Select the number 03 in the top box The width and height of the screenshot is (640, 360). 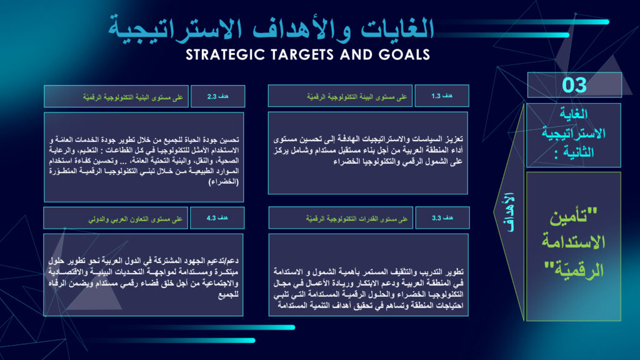coord(574,85)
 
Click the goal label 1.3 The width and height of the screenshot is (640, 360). coord(442,96)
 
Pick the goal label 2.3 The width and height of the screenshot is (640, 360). coord(217,96)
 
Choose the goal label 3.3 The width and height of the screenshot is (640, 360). coord(442,218)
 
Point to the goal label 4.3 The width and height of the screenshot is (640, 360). coord(217,218)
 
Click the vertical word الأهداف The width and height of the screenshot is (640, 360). coord(510,212)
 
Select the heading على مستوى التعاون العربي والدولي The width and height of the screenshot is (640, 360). coord(136,219)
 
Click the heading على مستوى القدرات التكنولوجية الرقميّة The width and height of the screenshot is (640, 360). coord(357,219)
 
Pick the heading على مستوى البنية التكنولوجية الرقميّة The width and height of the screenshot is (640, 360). coord(133,97)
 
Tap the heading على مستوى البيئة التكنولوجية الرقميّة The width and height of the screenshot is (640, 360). coord(357,97)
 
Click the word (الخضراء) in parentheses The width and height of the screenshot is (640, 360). coord(224,182)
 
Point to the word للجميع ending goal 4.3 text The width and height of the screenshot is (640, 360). coord(229,294)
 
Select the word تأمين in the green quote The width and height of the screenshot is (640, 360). coord(574,216)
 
